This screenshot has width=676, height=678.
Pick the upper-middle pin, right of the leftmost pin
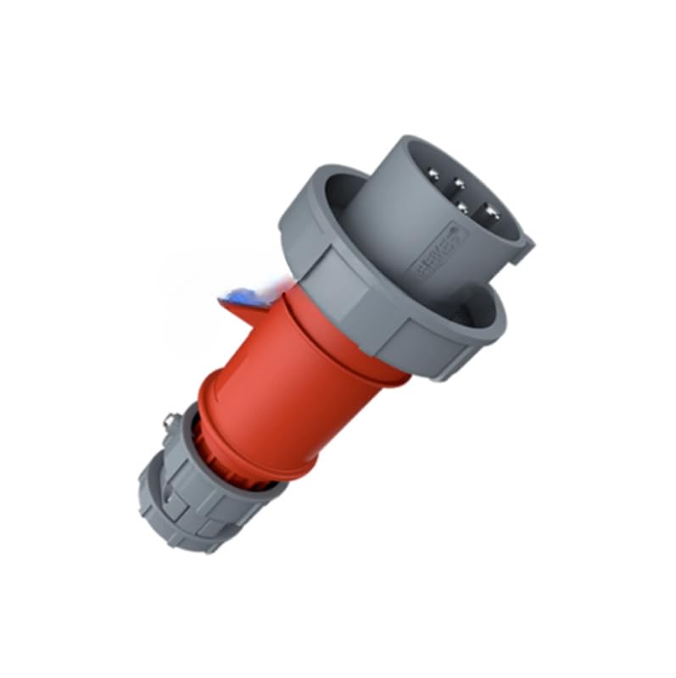coord(459,181)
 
